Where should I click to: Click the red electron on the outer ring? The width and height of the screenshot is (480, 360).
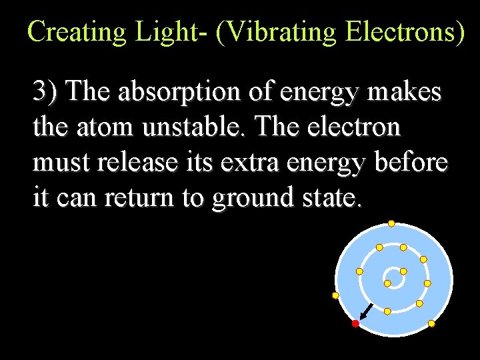355,323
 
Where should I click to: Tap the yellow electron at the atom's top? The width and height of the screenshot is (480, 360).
391,223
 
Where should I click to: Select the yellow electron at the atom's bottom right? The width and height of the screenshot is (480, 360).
431,323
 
